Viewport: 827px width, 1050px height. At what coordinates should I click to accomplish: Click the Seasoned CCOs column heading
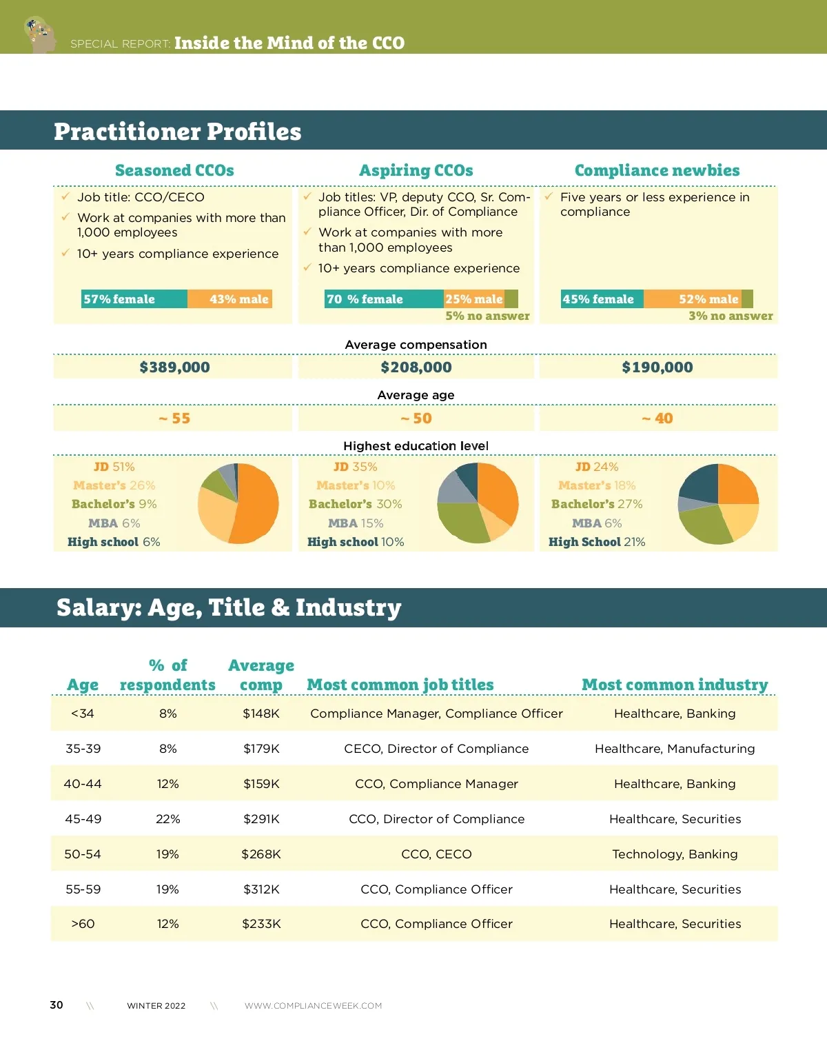tap(174, 170)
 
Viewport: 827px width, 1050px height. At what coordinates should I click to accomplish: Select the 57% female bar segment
tap(134, 299)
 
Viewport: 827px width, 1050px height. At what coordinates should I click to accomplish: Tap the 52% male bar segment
tap(693, 299)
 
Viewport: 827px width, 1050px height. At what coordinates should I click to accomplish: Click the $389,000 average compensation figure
tap(174, 367)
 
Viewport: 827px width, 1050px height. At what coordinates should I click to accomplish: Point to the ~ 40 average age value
tap(657, 418)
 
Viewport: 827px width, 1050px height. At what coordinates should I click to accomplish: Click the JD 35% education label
tap(355, 467)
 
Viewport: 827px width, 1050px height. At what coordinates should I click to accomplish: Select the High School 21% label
tap(597, 542)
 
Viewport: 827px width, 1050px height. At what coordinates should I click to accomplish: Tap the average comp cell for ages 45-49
tap(261, 819)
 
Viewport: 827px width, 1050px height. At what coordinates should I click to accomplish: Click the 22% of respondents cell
tap(167, 819)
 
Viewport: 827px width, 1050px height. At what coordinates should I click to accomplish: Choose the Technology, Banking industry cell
tap(675, 854)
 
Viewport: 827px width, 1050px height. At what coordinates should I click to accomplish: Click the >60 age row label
tap(83, 924)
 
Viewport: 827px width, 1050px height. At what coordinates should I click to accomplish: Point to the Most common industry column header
tap(675, 685)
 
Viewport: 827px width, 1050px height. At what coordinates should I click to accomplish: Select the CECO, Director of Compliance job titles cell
tap(436, 749)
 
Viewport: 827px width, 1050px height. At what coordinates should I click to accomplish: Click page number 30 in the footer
tap(57, 1005)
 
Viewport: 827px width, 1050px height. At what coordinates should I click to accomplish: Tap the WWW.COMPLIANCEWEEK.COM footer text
tap(313, 1006)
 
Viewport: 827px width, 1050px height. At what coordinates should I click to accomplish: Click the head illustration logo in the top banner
tap(40, 34)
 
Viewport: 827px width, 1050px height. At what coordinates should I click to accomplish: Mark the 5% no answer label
tap(487, 316)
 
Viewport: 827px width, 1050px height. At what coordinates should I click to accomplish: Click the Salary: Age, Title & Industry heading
tap(229, 607)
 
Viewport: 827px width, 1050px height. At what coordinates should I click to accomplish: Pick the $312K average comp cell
tap(261, 889)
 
